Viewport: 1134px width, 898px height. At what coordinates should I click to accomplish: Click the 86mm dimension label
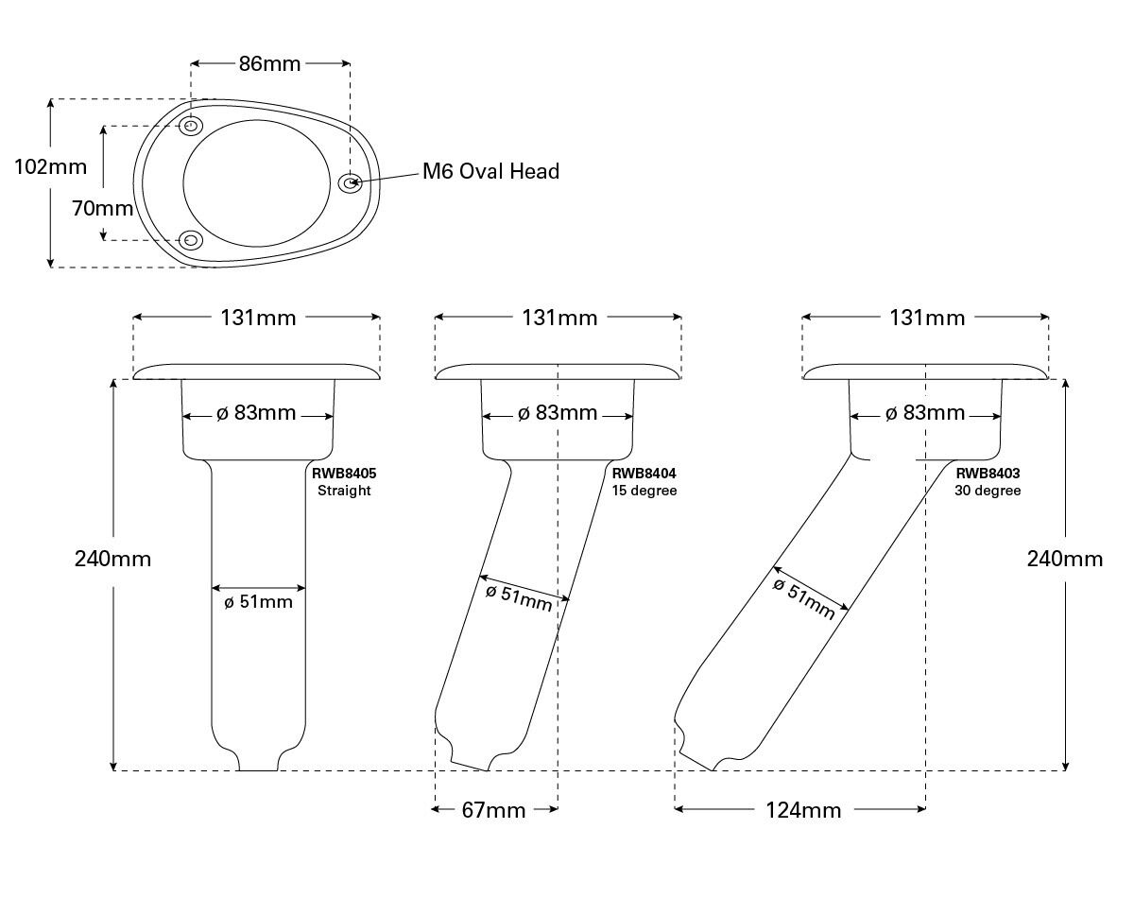click(x=269, y=64)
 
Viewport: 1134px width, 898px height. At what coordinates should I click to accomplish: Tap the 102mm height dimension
click(x=51, y=167)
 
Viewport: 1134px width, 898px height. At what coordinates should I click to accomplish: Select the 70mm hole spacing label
click(x=103, y=208)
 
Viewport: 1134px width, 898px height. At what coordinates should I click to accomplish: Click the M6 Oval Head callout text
click(x=490, y=171)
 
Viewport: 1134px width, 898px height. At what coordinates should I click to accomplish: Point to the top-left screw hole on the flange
click(x=192, y=126)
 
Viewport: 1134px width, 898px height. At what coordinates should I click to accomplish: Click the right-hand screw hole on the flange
click(x=351, y=182)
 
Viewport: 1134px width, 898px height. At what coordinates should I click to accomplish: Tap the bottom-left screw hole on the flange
click(x=192, y=240)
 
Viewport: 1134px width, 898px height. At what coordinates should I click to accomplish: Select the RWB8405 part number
click(x=344, y=474)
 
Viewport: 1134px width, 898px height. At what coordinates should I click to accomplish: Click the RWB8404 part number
click(x=644, y=474)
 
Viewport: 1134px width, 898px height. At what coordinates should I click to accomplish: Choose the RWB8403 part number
click(x=988, y=474)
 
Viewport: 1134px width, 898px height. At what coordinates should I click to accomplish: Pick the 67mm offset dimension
click(x=493, y=810)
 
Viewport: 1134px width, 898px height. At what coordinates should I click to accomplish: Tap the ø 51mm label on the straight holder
click(x=258, y=602)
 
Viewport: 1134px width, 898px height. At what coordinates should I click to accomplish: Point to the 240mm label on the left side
click(x=112, y=559)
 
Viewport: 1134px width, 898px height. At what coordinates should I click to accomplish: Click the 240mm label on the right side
click(x=1065, y=559)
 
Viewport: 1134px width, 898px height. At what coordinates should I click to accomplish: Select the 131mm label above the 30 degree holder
click(x=927, y=318)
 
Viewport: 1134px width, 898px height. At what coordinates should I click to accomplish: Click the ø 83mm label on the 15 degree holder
click(x=558, y=413)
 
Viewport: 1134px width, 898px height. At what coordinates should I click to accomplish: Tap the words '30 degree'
click(x=988, y=491)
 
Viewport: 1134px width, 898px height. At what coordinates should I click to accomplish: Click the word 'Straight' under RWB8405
click(x=344, y=491)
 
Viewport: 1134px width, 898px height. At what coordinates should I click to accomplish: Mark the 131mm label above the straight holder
click(x=258, y=318)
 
